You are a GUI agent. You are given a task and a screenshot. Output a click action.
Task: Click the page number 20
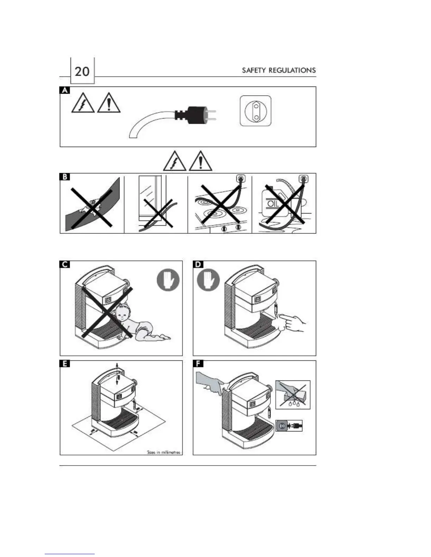click(82, 71)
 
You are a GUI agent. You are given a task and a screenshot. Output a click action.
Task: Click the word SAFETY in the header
click(254, 70)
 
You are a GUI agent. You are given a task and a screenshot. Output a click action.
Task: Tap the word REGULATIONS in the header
click(292, 70)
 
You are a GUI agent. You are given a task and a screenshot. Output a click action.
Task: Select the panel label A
click(64, 90)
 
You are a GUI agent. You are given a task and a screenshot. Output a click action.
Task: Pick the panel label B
click(64, 177)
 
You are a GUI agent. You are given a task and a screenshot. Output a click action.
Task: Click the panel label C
click(65, 264)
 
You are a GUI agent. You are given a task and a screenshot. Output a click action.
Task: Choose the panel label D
click(198, 264)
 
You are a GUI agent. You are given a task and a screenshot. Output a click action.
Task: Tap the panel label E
click(65, 364)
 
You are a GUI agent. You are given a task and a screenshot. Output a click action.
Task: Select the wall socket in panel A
click(255, 110)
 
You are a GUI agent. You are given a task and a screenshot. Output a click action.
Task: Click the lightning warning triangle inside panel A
click(83, 103)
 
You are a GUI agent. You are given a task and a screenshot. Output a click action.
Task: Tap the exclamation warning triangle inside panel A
click(109, 103)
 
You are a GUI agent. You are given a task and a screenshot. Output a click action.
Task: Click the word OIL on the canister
click(273, 204)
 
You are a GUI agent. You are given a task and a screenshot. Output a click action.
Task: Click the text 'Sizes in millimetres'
click(163, 452)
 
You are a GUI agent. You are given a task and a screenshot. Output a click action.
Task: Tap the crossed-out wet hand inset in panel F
click(293, 395)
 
